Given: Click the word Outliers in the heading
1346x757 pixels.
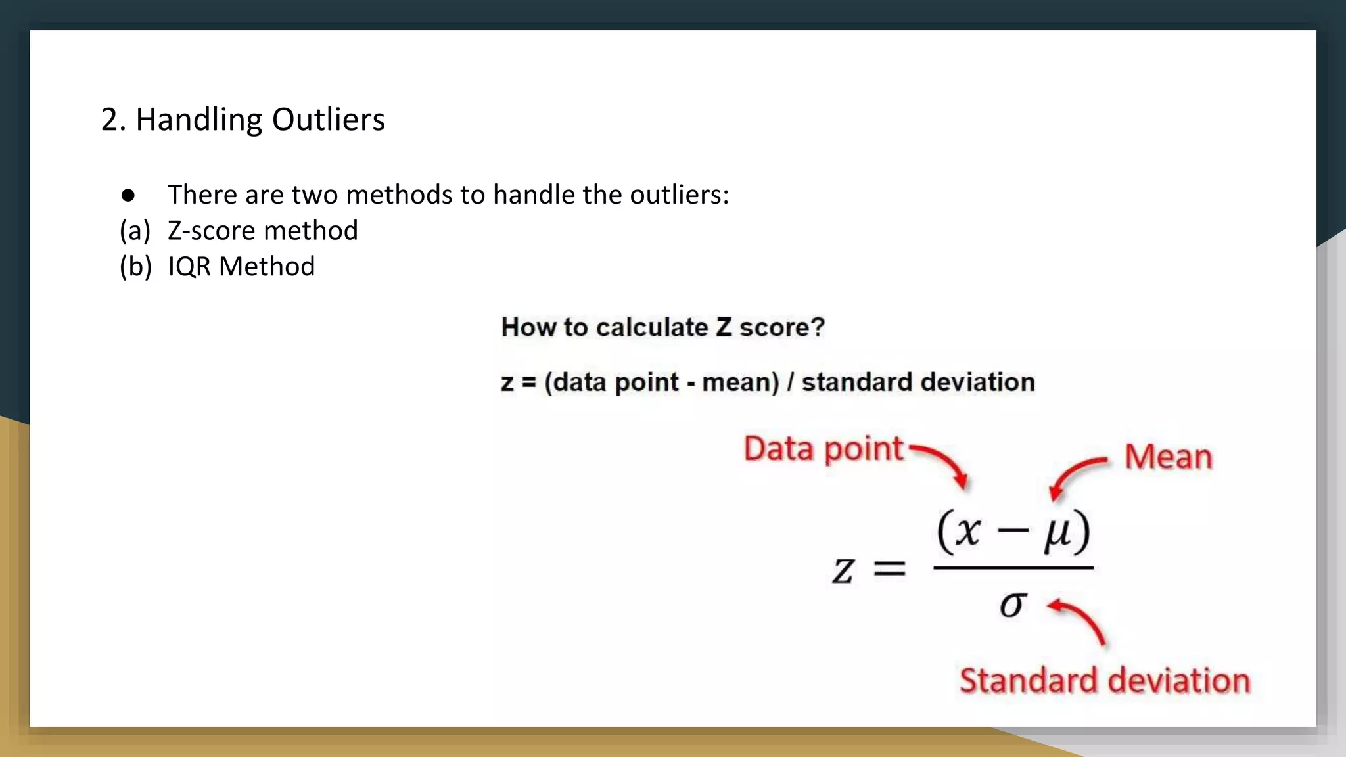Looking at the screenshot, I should click(328, 120).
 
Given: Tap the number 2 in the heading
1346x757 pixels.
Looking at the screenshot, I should click(109, 120).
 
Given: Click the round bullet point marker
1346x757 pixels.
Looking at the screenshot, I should click(128, 195).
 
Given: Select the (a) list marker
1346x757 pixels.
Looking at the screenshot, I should click(135, 231).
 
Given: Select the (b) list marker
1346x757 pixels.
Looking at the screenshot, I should click(135, 267).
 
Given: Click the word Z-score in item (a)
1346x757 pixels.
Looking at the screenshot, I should click(211, 231).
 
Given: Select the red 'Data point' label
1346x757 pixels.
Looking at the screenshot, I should click(823, 449).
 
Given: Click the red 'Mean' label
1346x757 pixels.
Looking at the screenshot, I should click(1168, 457).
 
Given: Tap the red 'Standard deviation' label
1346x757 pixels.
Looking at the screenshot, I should click(1104, 681).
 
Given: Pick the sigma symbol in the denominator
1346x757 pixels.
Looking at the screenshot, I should click(1012, 604).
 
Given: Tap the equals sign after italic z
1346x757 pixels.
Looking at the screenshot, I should click(889, 569).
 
